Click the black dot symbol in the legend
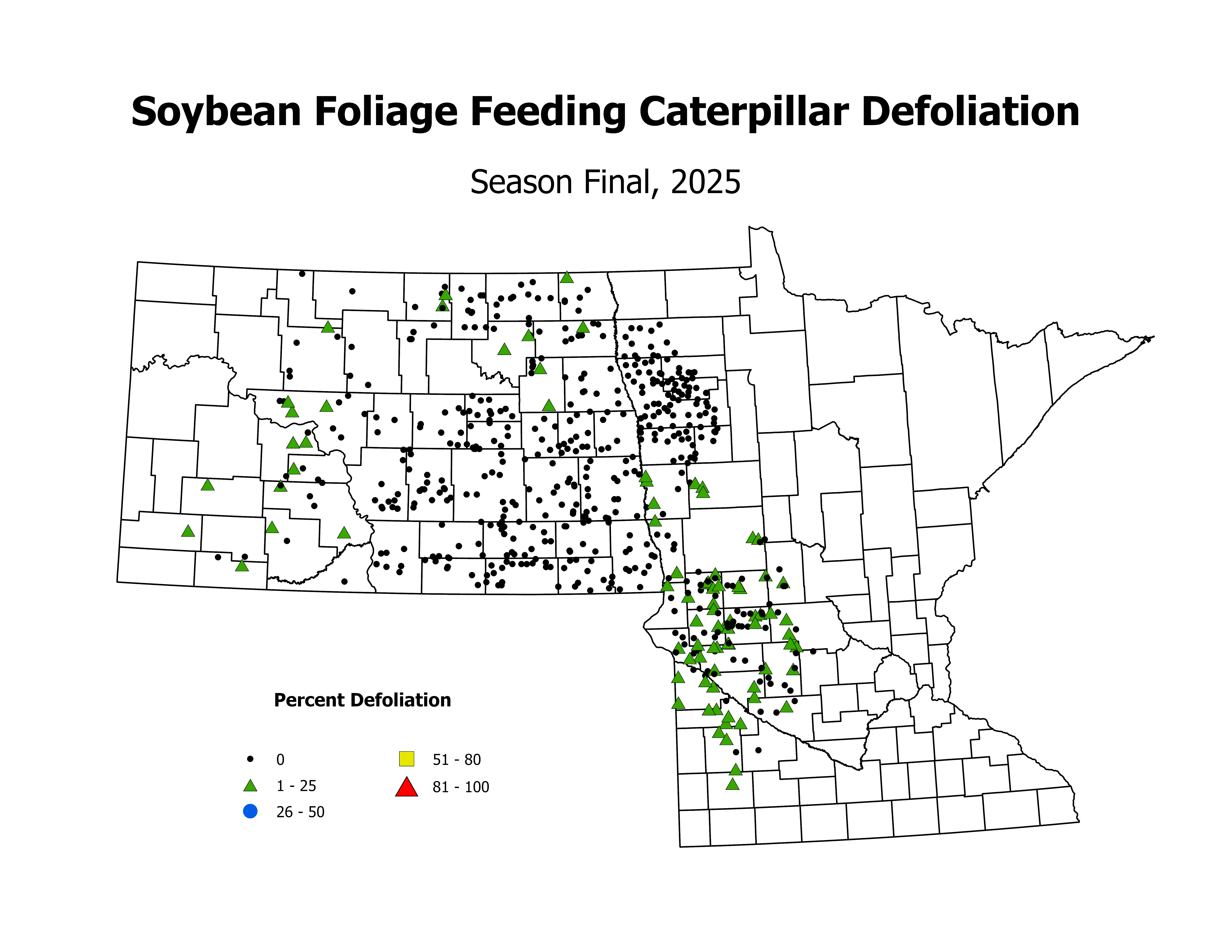pos(250,759)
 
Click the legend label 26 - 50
pos(300,812)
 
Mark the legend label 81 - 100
pos(461,787)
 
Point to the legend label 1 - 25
pos(296,786)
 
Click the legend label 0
pos(280,759)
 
